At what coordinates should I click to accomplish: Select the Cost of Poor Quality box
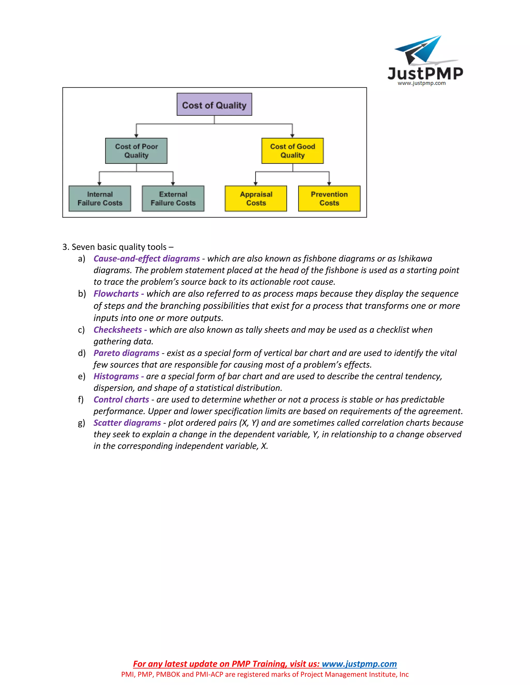(136, 151)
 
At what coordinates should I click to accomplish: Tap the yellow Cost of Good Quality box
(292, 151)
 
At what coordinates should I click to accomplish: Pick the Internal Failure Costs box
(100, 199)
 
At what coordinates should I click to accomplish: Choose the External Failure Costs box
(173, 199)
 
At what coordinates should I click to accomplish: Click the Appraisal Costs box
(256, 199)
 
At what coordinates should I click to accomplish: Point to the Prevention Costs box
(329, 199)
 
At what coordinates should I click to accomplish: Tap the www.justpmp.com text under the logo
(422, 83)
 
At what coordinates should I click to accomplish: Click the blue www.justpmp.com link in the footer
(359, 664)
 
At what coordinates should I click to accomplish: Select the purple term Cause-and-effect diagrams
(147, 259)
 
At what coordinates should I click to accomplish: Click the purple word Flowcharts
(116, 294)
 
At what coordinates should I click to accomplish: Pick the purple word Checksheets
(118, 330)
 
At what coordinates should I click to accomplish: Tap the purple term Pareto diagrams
(127, 353)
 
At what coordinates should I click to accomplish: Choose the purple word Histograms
(116, 376)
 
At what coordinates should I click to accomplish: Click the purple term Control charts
(121, 400)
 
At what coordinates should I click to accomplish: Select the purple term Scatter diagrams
(127, 423)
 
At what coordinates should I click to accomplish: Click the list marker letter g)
(81, 423)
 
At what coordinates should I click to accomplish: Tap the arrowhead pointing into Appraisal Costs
(256, 184)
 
